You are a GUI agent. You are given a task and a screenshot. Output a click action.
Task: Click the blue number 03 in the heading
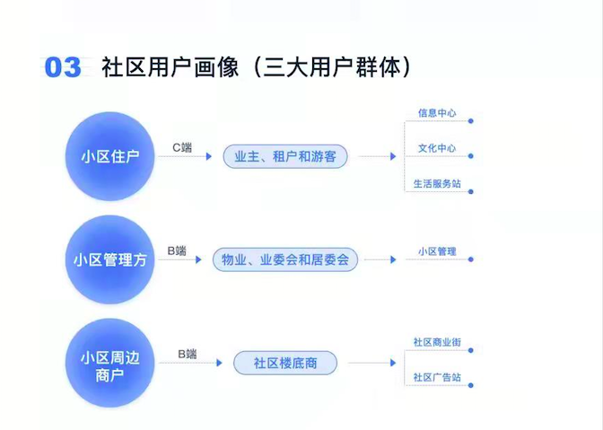coord(63,67)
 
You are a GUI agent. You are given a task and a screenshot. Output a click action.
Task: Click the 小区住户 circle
coord(110,156)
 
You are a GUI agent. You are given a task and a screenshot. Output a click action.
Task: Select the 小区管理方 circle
coord(110,259)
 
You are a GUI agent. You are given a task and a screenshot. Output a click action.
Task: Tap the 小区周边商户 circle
coord(110,363)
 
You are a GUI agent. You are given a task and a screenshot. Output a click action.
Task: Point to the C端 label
coord(182,147)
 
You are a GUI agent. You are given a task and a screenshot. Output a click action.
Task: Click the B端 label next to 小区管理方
coord(177,250)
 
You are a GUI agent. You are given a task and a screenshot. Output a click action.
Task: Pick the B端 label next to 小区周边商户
coord(188,354)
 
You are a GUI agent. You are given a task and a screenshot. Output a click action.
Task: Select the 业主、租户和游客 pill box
coord(285,156)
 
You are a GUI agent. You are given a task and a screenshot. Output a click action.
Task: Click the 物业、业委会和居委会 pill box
coord(285,259)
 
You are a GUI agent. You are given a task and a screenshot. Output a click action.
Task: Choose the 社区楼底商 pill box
coord(285,363)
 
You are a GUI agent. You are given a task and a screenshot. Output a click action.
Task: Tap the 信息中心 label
coord(437,113)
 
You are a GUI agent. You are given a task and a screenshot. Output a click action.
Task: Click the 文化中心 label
coord(437,148)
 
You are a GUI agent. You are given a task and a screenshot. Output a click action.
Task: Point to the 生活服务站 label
coord(437,183)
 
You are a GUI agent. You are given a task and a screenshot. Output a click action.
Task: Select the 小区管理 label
coord(437,251)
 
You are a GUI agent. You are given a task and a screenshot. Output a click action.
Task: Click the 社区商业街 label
coord(437,342)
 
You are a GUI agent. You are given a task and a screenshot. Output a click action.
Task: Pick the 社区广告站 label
coord(437,377)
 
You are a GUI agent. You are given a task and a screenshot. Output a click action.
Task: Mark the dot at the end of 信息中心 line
coord(471,121)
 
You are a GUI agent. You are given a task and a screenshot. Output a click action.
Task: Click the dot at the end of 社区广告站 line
coord(471,385)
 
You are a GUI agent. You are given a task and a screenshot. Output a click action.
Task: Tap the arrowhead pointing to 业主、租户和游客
coord(209,156)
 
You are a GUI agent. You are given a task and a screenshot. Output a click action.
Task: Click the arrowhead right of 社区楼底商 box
coord(393,363)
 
